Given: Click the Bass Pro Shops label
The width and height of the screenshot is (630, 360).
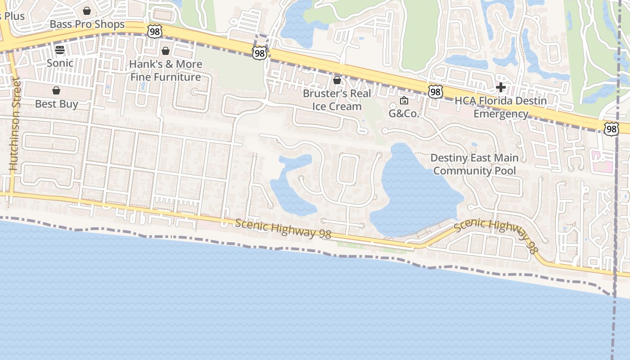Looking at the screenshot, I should click(x=87, y=24).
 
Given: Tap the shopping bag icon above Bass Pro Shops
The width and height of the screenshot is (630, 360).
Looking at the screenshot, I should click(x=87, y=11).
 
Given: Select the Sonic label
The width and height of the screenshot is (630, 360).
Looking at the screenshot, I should click(x=60, y=63).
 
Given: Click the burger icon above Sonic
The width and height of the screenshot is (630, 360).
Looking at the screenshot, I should click(x=60, y=50).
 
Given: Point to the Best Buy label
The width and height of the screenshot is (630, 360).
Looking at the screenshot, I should click(x=57, y=104).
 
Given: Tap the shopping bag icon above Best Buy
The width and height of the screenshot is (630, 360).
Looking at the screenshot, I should click(x=56, y=91).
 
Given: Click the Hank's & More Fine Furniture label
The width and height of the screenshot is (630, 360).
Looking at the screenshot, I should click(x=166, y=71).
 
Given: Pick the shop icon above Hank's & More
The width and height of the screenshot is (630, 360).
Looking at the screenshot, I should click(x=166, y=51).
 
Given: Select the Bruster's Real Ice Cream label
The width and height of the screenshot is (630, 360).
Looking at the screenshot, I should click(x=337, y=100).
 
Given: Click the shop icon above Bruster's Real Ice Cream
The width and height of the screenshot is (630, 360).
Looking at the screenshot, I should click(x=337, y=81).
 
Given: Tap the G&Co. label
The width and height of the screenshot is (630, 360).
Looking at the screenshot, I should click(x=404, y=113).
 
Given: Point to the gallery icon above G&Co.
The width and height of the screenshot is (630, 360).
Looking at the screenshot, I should click(x=404, y=100).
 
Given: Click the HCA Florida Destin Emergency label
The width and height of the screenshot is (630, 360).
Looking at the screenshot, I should click(x=501, y=107).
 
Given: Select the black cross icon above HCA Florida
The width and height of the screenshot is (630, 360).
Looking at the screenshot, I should click(x=500, y=87).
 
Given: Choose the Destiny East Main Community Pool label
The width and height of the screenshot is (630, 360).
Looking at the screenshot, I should click(x=474, y=164).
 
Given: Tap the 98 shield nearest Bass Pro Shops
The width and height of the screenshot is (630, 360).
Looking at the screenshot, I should click(x=154, y=31).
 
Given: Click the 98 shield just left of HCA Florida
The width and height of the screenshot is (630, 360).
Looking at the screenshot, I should click(x=435, y=92).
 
